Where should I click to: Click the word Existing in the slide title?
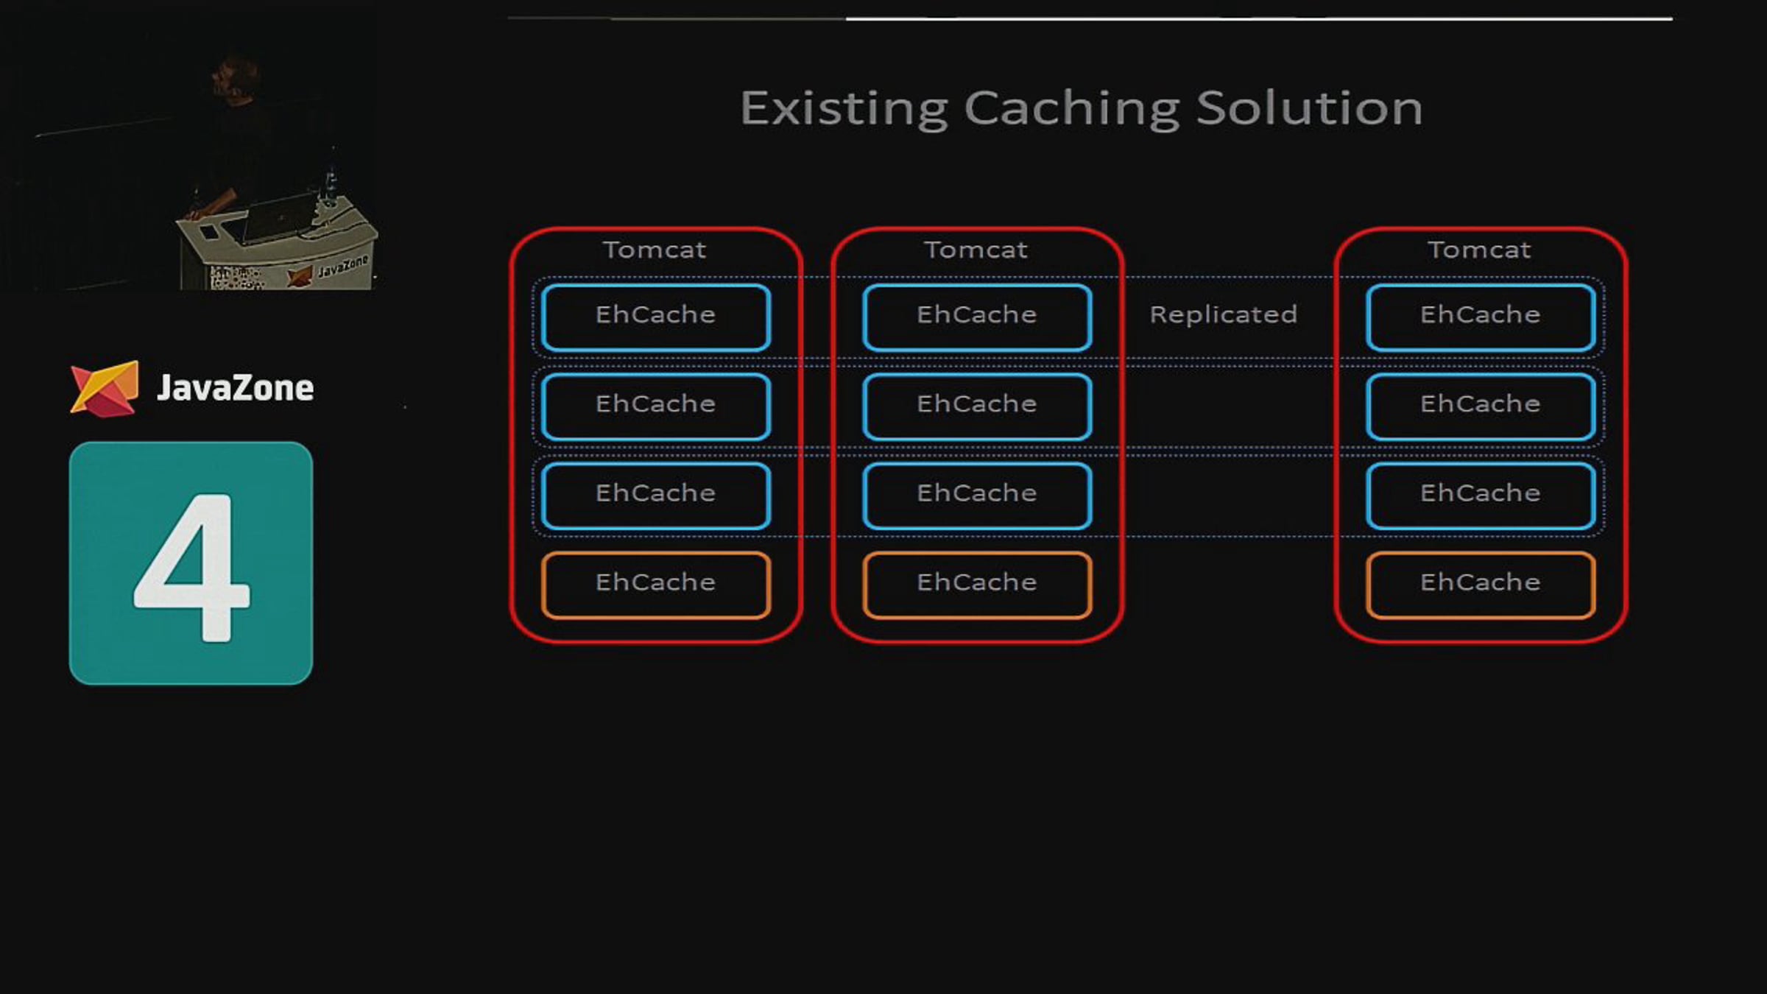click(x=844, y=109)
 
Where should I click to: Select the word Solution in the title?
click(x=1309, y=109)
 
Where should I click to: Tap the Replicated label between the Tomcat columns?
click(x=1223, y=315)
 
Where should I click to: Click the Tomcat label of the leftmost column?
click(x=655, y=250)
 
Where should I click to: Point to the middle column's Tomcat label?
click(x=976, y=250)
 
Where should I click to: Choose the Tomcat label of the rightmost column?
click(x=1480, y=250)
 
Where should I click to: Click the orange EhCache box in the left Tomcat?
click(x=656, y=583)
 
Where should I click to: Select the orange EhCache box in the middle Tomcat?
click(x=977, y=583)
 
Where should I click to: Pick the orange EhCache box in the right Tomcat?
click(x=1481, y=583)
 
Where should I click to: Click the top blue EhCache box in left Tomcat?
click(x=656, y=316)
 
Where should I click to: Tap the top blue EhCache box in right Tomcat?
click(x=1481, y=316)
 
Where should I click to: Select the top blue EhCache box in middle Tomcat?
click(x=977, y=316)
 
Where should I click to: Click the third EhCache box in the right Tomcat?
click(x=1481, y=494)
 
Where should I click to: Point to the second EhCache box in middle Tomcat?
click(x=977, y=405)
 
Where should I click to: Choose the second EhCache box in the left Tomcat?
click(x=656, y=405)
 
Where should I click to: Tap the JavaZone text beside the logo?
click(x=236, y=388)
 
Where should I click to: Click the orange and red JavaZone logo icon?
click(x=105, y=388)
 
